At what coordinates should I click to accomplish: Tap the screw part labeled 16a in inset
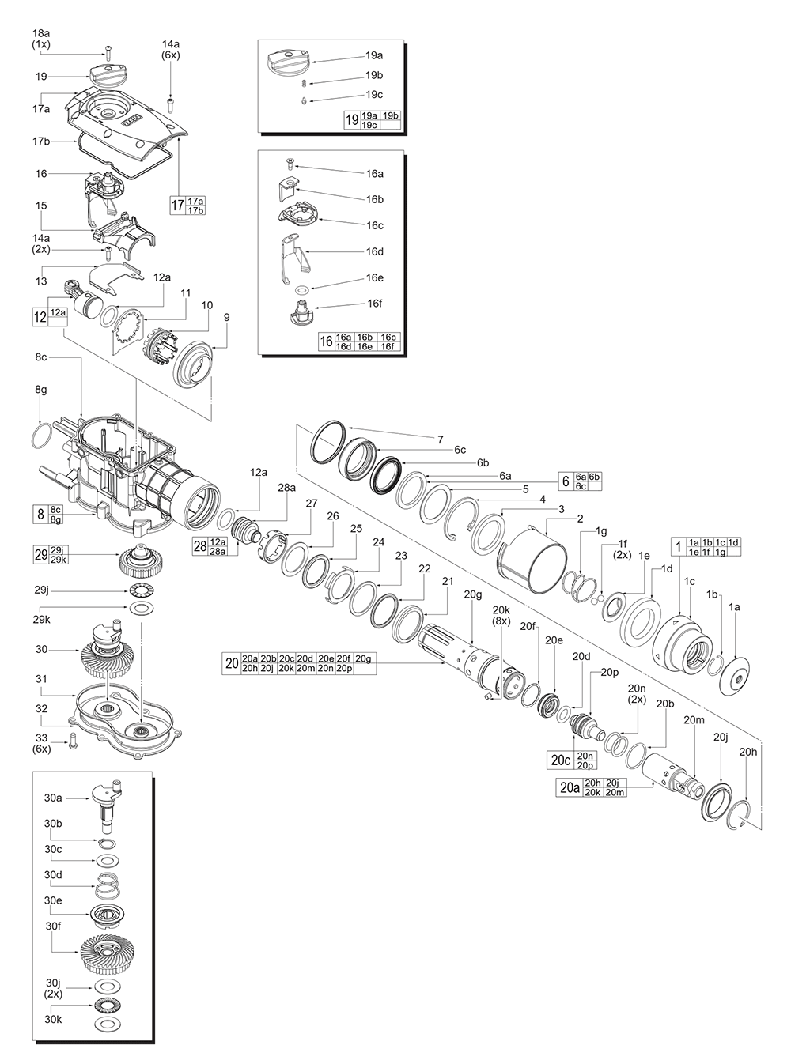290,164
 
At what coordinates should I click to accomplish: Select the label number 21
448,581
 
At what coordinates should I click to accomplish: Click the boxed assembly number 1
677,546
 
